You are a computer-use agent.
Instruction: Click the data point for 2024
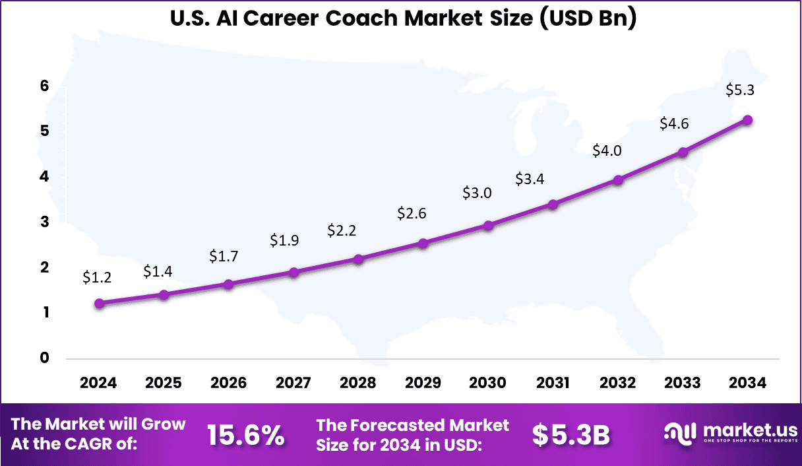99,304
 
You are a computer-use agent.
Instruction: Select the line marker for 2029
423,244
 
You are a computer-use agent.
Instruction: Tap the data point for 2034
748,120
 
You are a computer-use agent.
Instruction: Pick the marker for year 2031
553,205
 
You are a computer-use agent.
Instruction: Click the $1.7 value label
223,255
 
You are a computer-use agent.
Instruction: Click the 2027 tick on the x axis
293,383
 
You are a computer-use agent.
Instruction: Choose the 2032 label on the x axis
618,383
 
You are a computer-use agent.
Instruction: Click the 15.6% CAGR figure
245,435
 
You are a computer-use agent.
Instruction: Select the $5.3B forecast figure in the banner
571,435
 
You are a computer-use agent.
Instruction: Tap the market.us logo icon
679,433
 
